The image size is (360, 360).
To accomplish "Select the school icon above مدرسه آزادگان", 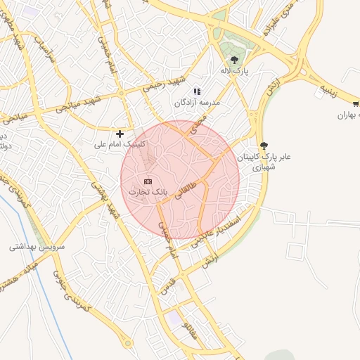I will pyautogui.click(x=197, y=91).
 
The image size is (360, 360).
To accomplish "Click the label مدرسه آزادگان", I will pyautogui.click(x=198, y=103).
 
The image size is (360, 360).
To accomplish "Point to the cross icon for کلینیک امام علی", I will pyautogui.click(x=120, y=133).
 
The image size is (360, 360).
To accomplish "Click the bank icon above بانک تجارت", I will pyautogui.click(x=148, y=181).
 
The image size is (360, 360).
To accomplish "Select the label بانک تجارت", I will pyautogui.click(x=148, y=191).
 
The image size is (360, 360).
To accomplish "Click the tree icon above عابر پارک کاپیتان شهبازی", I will pyautogui.click(x=264, y=145).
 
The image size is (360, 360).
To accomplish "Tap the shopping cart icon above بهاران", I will pyautogui.click(x=356, y=104).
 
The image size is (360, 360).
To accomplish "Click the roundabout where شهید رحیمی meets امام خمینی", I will pyautogui.click(x=122, y=93).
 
